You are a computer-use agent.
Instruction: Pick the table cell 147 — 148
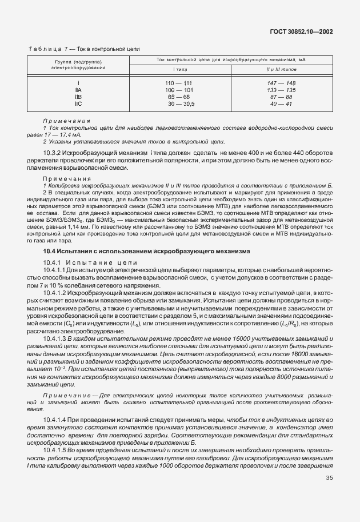coord(281,83)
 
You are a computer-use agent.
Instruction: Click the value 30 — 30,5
coord(181,104)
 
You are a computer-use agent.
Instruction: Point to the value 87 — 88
coord(281,97)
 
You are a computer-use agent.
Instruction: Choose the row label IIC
coord(78,104)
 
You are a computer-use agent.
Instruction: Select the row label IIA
coord(78,90)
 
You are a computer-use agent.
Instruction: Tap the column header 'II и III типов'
coord(281,69)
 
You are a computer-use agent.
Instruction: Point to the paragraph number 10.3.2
coord(56,153)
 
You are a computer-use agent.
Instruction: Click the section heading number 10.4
coord(50,251)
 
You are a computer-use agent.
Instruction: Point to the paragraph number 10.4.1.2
coord(58,292)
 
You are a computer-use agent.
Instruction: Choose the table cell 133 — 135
coord(281,90)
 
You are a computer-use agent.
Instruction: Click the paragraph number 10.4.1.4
coord(58,420)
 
